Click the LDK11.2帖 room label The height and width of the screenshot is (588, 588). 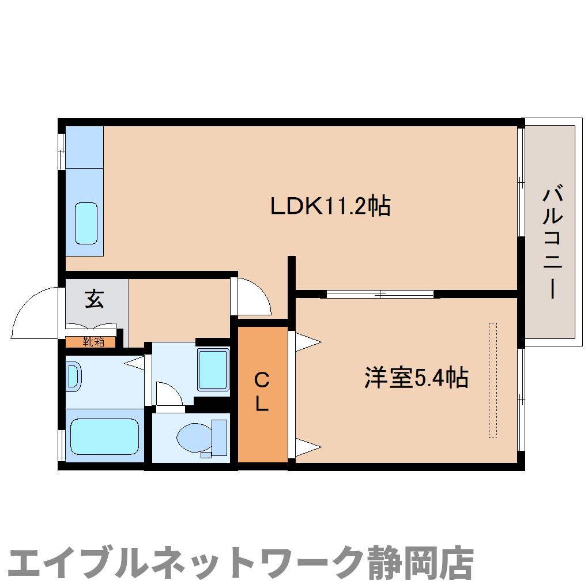[x=331, y=206]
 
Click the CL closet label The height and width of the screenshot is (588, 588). [x=262, y=392]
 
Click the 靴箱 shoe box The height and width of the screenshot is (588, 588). [x=92, y=341]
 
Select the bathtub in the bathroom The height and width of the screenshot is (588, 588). [x=104, y=437]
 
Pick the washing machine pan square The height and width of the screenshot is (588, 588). [x=213, y=369]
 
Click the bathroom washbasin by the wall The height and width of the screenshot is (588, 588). [x=73, y=376]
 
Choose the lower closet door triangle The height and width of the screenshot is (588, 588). [x=307, y=446]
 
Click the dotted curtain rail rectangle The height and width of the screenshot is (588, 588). [x=492, y=380]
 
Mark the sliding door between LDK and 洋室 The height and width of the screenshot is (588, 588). [x=380, y=294]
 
